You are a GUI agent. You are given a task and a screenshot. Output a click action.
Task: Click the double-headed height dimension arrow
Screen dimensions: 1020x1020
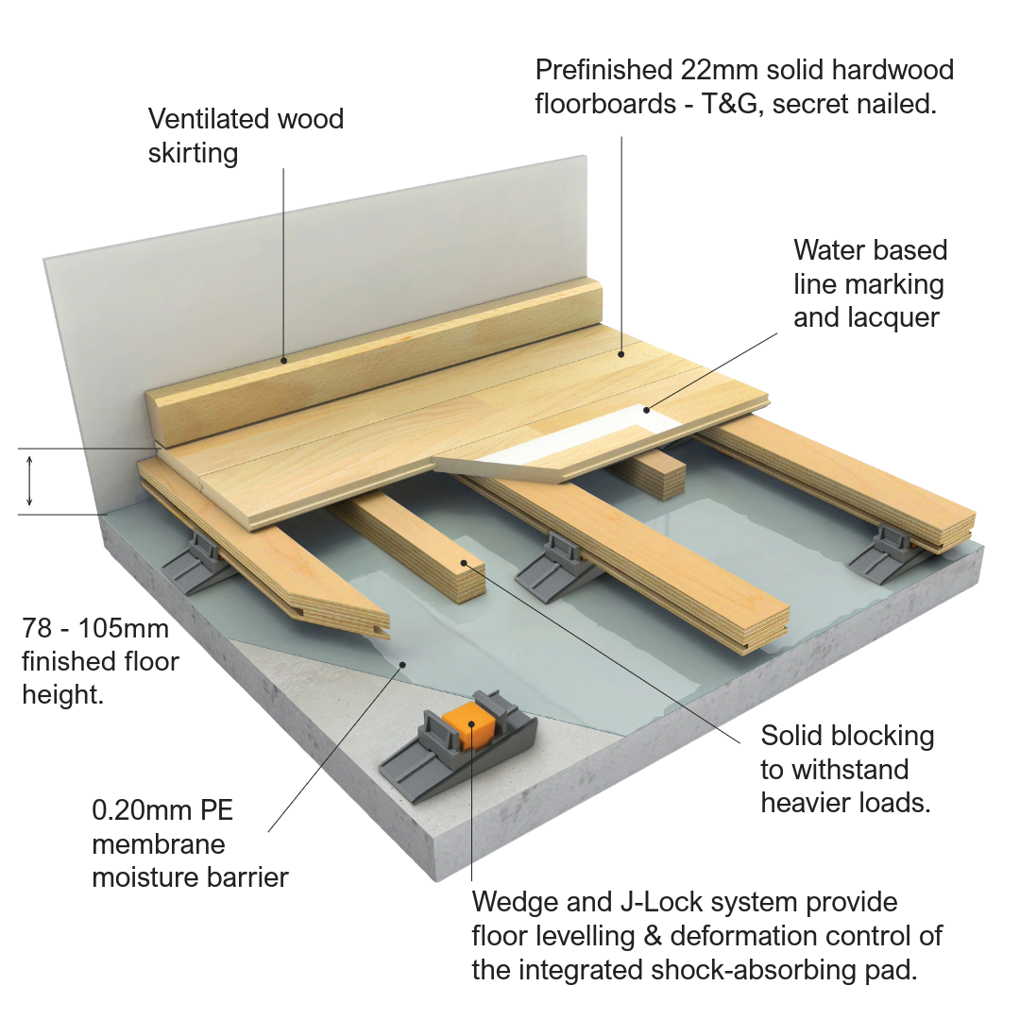29,481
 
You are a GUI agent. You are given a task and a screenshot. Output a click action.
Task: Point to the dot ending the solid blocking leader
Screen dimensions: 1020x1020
465,564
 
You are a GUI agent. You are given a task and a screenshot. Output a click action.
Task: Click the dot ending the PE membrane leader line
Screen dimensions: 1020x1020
402,664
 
